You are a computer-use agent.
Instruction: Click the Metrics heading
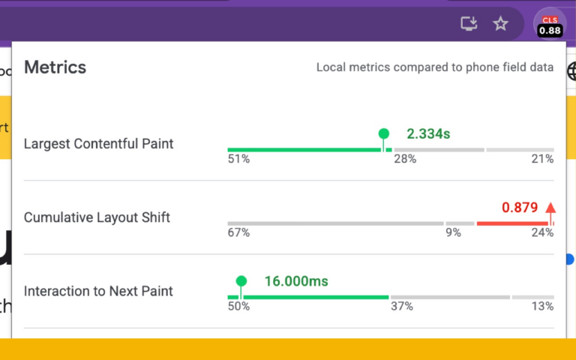point(55,67)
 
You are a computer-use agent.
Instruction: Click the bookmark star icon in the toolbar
point(500,24)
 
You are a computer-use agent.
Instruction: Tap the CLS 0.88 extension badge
point(550,25)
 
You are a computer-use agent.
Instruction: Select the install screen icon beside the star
point(469,24)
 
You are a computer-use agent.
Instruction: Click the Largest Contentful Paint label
point(98,143)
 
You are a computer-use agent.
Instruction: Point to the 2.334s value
point(428,134)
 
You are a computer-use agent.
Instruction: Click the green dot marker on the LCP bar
point(384,134)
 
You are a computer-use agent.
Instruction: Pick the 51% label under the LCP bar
point(238,159)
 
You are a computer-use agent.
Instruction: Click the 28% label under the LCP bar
point(405,159)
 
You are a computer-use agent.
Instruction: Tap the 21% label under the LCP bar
point(541,159)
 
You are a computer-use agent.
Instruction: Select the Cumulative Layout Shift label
point(97,217)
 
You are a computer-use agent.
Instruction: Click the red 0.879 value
point(520,208)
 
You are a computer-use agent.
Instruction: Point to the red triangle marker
point(550,208)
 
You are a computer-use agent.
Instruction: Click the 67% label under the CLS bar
point(238,232)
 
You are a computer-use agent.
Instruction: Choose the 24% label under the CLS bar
point(541,232)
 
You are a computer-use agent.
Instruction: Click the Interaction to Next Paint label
point(98,291)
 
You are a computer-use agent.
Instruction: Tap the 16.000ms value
point(296,282)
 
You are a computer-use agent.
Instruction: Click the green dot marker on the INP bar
point(241,282)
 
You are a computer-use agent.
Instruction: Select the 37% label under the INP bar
point(401,306)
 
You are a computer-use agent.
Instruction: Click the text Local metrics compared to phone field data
point(435,67)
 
